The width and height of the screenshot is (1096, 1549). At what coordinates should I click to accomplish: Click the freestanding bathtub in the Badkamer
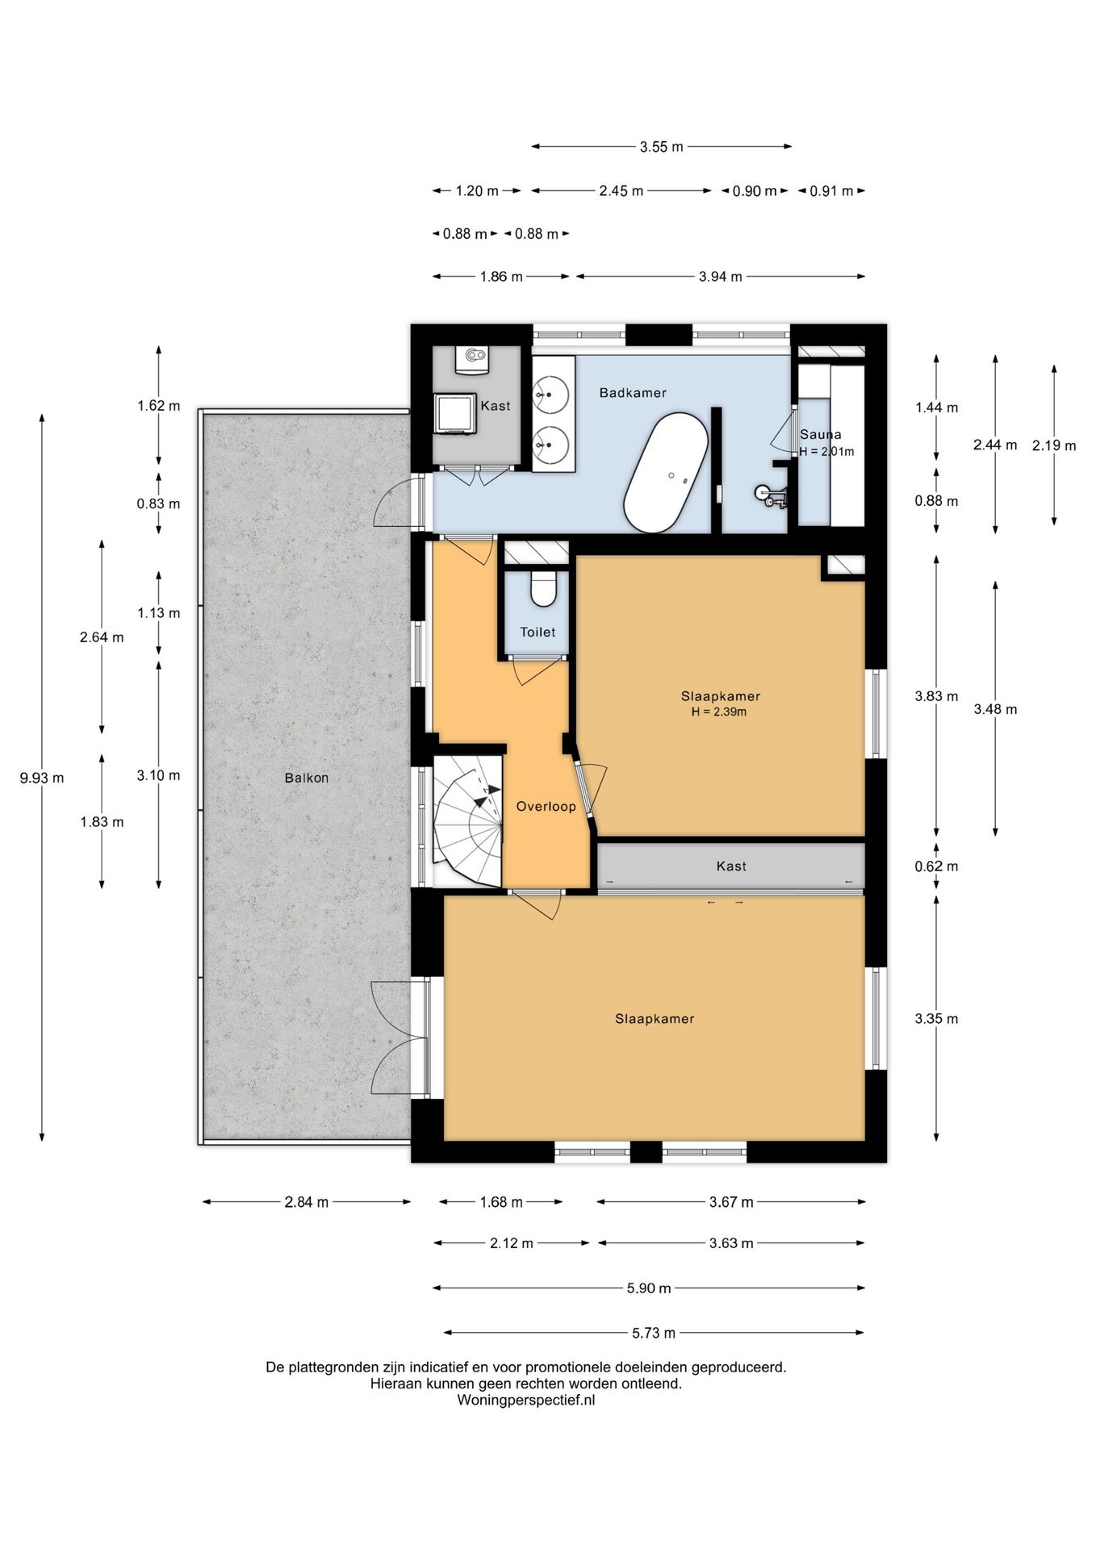[666, 474]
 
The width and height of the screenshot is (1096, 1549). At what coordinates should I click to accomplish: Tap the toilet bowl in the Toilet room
[543, 589]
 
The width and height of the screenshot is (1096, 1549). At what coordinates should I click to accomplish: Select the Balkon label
[307, 779]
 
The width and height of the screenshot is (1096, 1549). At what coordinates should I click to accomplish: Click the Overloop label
[546, 806]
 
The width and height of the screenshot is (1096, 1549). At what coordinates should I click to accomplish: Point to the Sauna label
[821, 434]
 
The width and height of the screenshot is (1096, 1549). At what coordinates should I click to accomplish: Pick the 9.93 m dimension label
[42, 779]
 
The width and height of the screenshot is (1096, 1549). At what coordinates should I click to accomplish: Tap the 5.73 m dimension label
[654, 1334]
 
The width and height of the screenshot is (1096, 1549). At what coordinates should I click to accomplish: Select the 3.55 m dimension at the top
[662, 147]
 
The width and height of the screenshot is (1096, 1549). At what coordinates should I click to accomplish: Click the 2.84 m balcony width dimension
[307, 1202]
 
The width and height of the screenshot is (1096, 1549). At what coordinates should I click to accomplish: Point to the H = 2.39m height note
[719, 712]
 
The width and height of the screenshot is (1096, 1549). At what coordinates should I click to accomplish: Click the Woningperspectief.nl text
[526, 1401]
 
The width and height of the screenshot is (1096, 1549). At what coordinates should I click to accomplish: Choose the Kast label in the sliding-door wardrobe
[731, 866]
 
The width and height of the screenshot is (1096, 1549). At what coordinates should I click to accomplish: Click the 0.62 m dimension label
[936, 866]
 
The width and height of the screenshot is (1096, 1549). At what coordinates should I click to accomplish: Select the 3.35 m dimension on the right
[936, 1019]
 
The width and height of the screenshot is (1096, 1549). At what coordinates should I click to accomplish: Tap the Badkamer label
[633, 393]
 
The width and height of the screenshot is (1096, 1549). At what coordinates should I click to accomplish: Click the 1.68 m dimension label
[501, 1202]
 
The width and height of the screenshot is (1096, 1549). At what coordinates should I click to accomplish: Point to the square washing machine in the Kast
[453, 414]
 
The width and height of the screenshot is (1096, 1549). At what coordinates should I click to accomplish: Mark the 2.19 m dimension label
[1054, 445]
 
